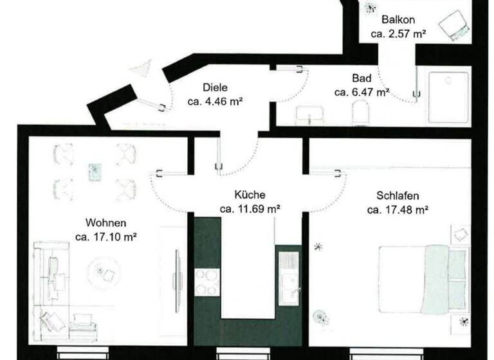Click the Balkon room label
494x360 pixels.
click(398, 19)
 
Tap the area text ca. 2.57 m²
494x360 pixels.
click(398, 33)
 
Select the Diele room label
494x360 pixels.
click(215, 87)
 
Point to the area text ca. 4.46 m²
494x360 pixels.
click(215, 101)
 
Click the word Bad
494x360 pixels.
click(361, 78)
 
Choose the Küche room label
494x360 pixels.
click(250, 194)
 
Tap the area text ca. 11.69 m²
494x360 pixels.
click(250, 208)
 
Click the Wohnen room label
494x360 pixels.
click(105, 222)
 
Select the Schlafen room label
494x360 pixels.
click(398, 195)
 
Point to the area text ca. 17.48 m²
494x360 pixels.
click(398, 210)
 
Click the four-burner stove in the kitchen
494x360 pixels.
click(207, 281)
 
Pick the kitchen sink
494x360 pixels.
click(288, 276)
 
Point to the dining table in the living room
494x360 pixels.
click(95, 170)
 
